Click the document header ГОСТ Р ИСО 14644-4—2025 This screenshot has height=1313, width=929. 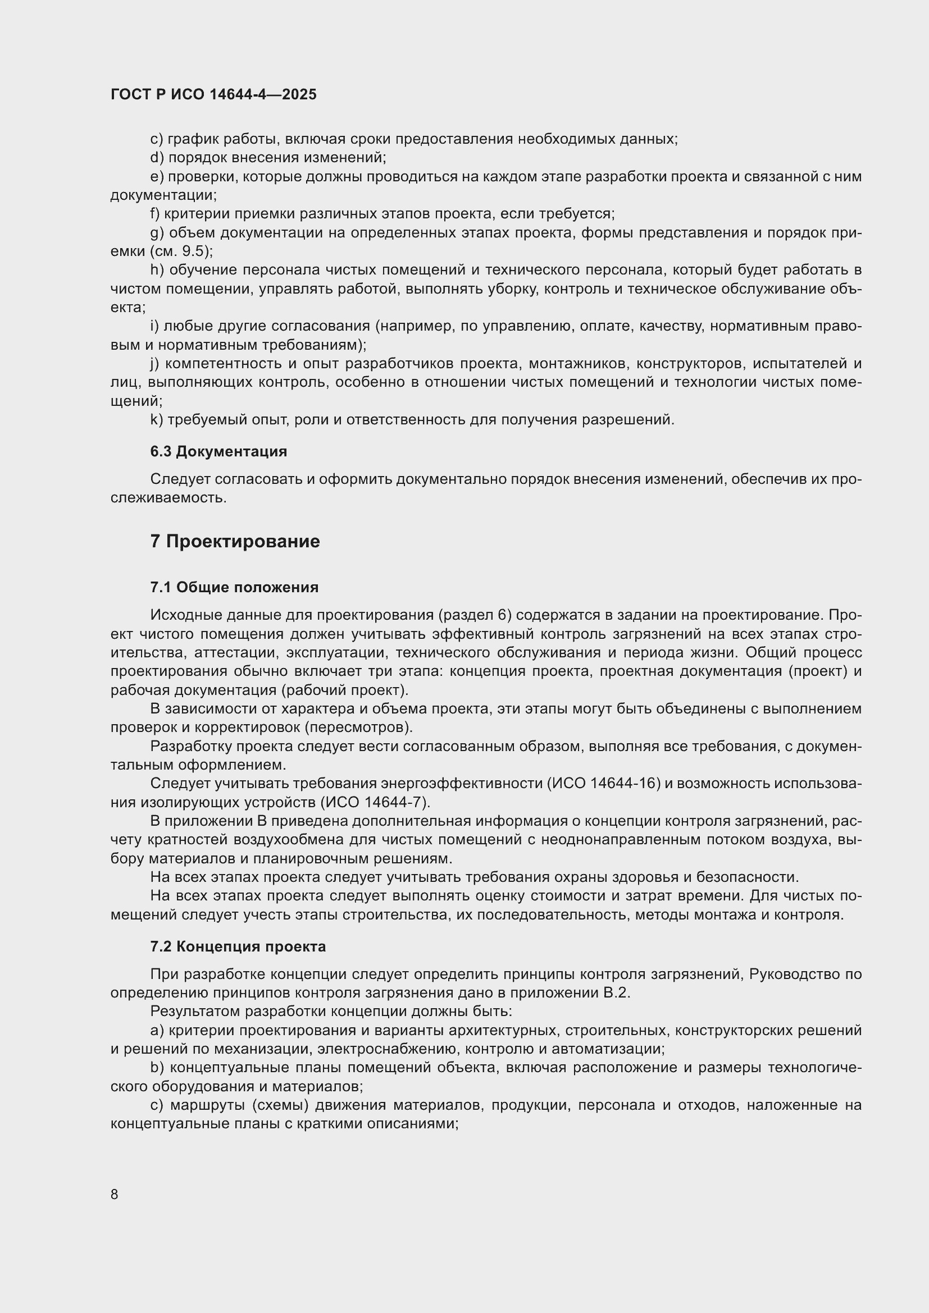[213, 95]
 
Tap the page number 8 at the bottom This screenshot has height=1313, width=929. [115, 1194]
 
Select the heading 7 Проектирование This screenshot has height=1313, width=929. [235, 541]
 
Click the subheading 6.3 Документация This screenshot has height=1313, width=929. [218, 451]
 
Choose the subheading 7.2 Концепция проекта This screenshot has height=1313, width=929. [238, 946]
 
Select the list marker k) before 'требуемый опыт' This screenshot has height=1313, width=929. [157, 420]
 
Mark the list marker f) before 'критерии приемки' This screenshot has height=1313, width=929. [155, 214]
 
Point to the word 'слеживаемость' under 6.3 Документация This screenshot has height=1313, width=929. [168, 497]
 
